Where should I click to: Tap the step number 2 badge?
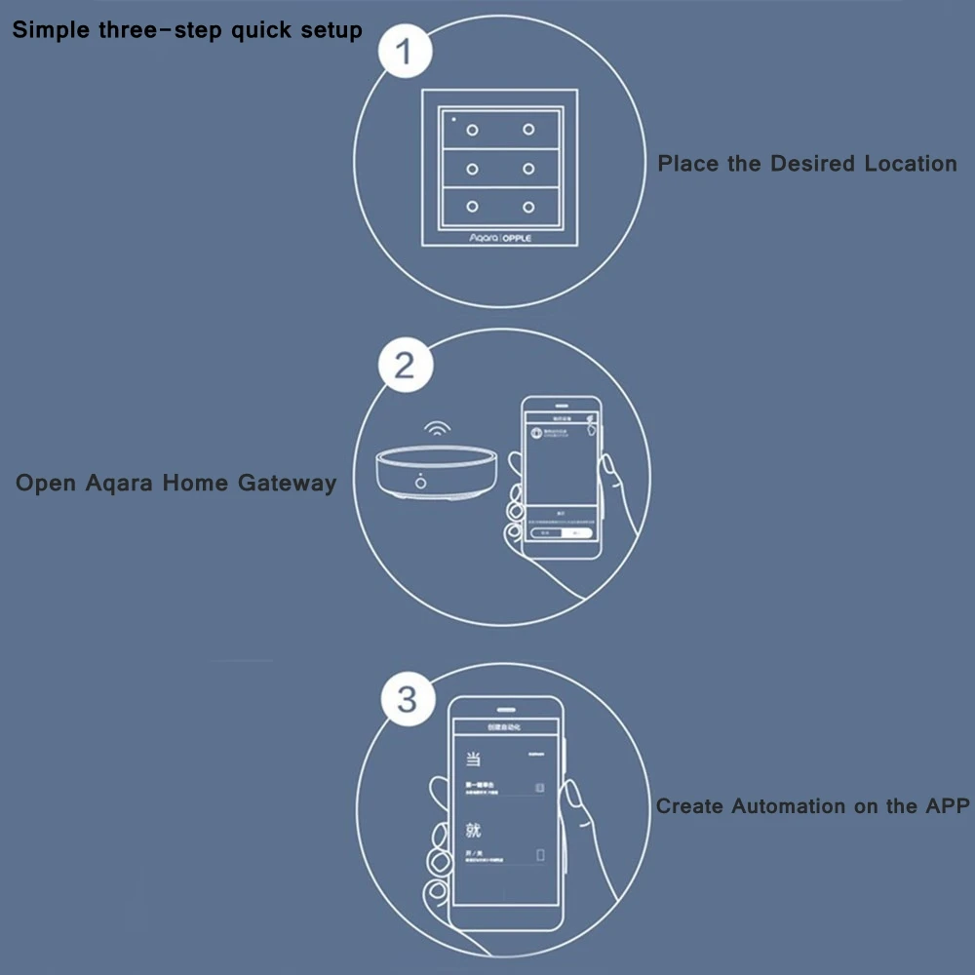pyautogui.click(x=404, y=366)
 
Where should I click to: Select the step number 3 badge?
pyautogui.click(x=408, y=699)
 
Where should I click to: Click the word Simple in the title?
pyautogui.click(x=52, y=30)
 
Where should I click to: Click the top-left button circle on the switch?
pyautogui.click(x=472, y=130)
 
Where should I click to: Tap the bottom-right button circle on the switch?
pyautogui.click(x=528, y=207)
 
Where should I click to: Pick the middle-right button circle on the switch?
pyautogui.click(x=528, y=169)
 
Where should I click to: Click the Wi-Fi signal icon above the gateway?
pyautogui.click(x=436, y=430)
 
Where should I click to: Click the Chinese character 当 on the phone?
pyautogui.click(x=473, y=758)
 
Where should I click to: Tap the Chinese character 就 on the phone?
pyautogui.click(x=473, y=832)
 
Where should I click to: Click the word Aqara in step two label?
pyautogui.click(x=124, y=483)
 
